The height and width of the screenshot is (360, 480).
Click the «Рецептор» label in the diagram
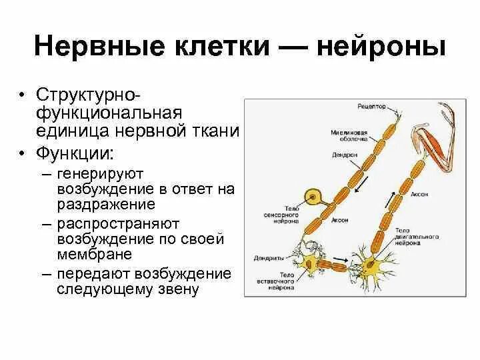371,107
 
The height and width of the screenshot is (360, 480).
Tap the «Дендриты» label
269,257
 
